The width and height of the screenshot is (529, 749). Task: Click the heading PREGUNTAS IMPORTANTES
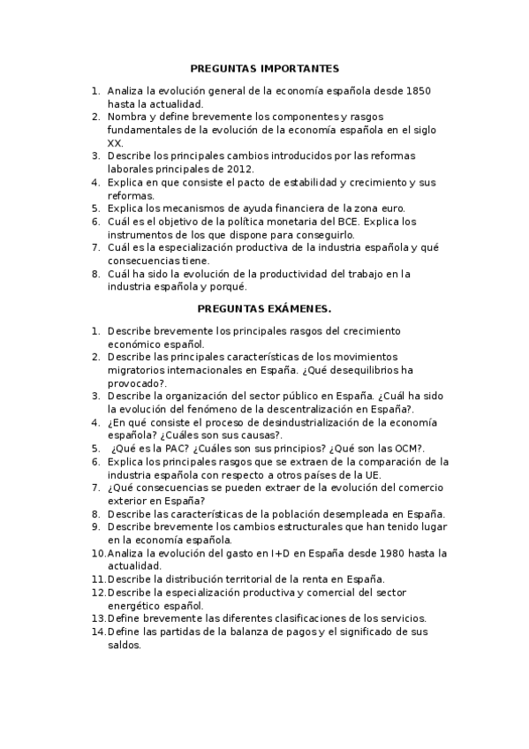point(264,68)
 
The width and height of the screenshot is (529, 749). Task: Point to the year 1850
point(413,91)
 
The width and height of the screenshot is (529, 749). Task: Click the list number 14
point(97,632)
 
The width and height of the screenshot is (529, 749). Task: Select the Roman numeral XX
point(115,142)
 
